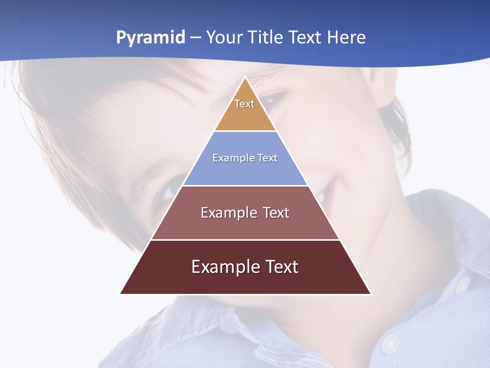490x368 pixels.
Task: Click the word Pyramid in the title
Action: pyautogui.click(x=150, y=38)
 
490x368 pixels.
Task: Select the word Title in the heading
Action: pyautogui.click(x=267, y=38)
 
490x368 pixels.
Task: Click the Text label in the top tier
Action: pyautogui.click(x=244, y=104)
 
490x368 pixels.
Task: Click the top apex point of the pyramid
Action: pyautogui.click(x=246, y=78)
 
